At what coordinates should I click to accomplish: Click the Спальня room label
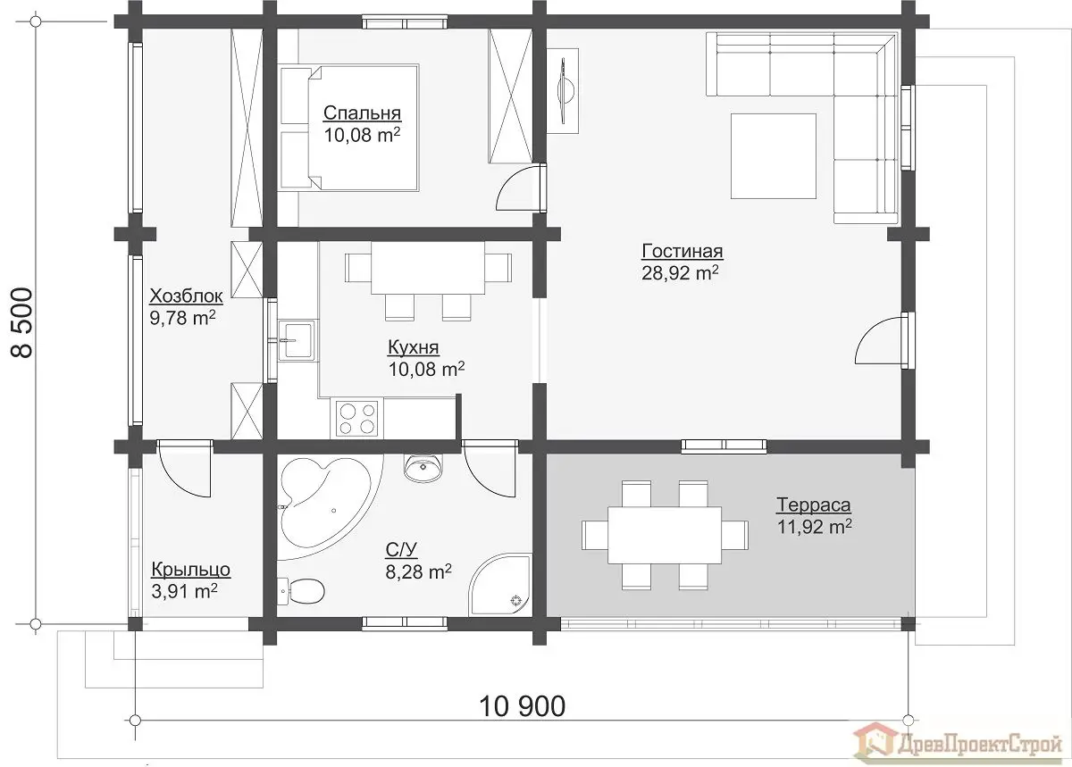(362, 113)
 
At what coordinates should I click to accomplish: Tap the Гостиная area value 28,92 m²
(680, 273)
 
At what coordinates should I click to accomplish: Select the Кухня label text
(413, 348)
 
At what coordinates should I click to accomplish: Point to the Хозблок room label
(186, 296)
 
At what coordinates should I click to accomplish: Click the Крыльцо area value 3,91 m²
(184, 591)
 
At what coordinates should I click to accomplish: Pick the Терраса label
(814, 504)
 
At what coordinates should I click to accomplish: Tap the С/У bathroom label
(401, 550)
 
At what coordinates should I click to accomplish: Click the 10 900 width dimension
(522, 706)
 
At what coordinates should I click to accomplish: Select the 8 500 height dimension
(22, 322)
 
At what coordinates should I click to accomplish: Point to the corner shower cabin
(500, 585)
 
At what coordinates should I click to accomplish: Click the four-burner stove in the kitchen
(357, 419)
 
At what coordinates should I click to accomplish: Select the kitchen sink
(297, 340)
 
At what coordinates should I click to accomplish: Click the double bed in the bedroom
(349, 128)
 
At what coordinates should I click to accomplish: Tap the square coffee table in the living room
(774, 156)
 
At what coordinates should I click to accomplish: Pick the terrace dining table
(665, 536)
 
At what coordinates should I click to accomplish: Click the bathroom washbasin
(423, 468)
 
